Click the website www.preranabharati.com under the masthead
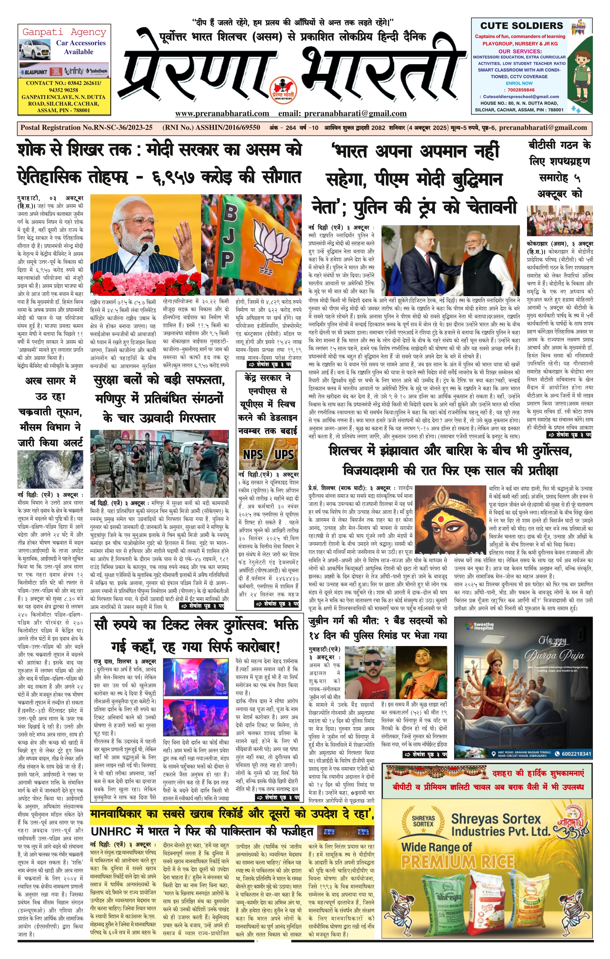(222, 113)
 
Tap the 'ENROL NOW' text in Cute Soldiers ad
(519, 83)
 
